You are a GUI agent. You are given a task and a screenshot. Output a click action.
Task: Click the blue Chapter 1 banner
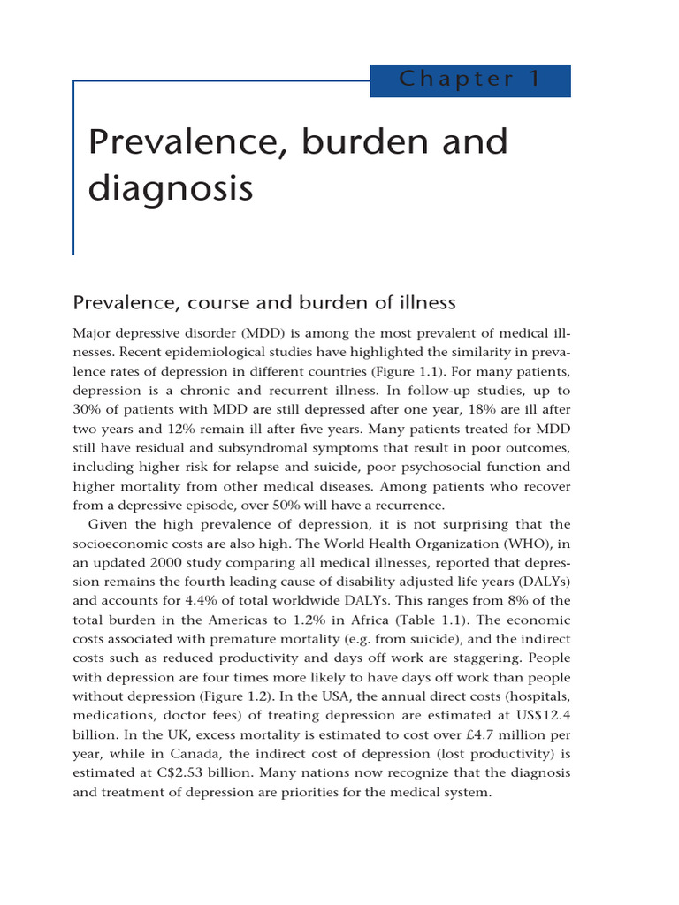pyautogui.click(x=469, y=80)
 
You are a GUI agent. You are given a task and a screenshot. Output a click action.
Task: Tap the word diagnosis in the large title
pyautogui.click(x=171, y=188)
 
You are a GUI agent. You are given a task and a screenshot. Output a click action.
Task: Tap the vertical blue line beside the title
pyautogui.click(x=73, y=168)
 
